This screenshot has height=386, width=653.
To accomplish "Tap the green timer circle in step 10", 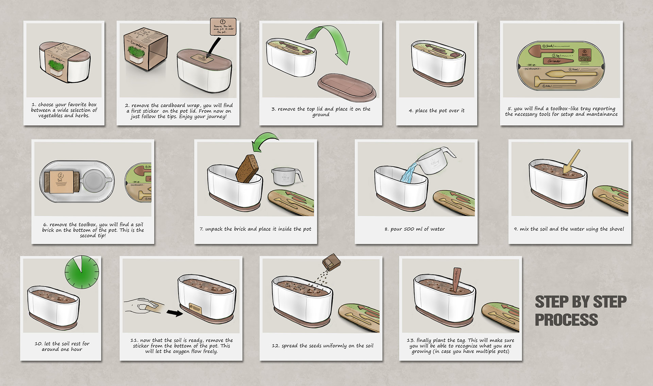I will pyautogui.click(x=82, y=273).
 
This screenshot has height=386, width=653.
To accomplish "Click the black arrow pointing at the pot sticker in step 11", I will pyautogui.click(x=175, y=312).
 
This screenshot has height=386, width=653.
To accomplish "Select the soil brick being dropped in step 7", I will pyautogui.click(x=248, y=168).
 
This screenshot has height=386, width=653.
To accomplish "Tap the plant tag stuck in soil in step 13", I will pyautogui.click(x=456, y=280).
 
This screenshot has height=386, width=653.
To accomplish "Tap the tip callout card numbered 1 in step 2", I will pyautogui.click(x=223, y=27).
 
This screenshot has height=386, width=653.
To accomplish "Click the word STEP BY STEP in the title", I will pyautogui.click(x=580, y=302).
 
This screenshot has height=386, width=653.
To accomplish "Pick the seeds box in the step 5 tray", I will pyautogui.click(x=585, y=55).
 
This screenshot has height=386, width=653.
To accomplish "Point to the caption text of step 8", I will pyautogui.click(x=415, y=229).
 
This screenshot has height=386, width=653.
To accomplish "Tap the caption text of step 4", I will pyautogui.click(x=436, y=111).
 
